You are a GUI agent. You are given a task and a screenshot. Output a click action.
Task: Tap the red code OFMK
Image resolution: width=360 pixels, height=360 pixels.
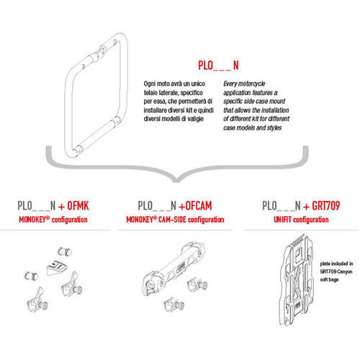click(80, 204)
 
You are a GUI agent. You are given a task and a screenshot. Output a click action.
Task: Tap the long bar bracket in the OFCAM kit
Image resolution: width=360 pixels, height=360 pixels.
click(184, 267)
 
